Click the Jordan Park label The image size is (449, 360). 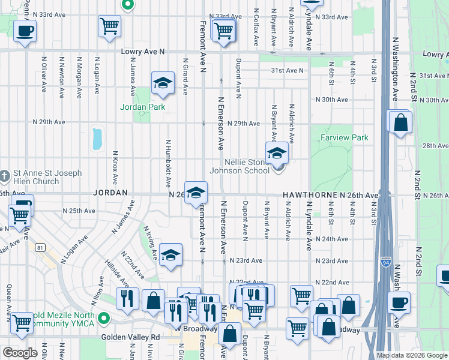click(x=142, y=107)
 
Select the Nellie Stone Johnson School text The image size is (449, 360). click(x=239, y=166)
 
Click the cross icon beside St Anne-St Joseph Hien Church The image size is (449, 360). click(x=4, y=175)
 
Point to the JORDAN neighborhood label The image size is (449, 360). click(x=110, y=193)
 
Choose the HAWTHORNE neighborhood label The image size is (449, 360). click(x=309, y=196)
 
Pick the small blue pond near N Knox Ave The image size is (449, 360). click(x=97, y=139)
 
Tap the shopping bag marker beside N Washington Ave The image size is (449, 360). click(x=400, y=123)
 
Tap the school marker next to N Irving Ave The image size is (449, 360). click(x=170, y=255)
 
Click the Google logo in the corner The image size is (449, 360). click(x=20, y=353)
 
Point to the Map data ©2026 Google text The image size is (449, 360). click(x=411, y=355)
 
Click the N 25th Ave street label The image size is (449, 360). click(x=79, y=211)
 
